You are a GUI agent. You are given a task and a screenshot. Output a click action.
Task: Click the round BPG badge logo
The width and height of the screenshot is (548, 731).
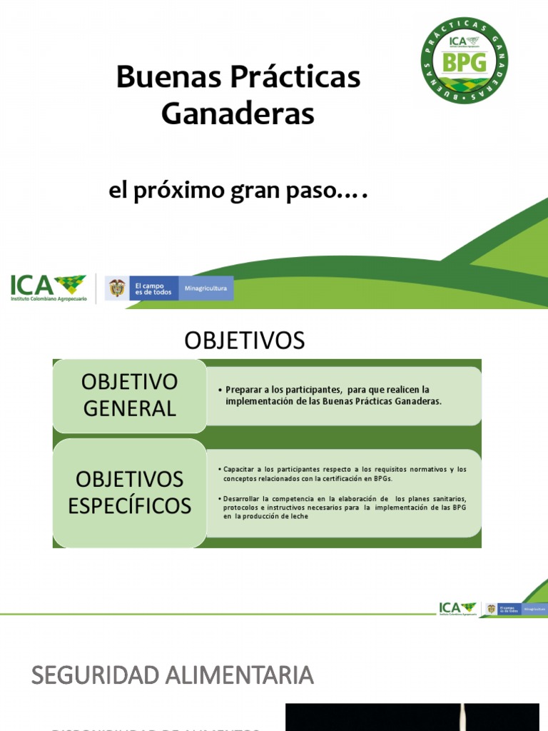pyautogui.click(x=465, y=61)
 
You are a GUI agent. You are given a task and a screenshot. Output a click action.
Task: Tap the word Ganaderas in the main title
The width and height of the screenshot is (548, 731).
pyautogui.click(x=238, y=114)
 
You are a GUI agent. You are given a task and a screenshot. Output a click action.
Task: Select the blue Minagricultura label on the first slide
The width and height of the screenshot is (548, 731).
pyautogui.click(x=205, y=288)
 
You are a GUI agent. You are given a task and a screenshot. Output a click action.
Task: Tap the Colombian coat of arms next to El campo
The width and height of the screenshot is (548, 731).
pyautogui.click(x=117, y=288)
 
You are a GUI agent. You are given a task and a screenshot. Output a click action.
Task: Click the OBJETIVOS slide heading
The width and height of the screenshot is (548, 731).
pyautogui.click(x=244, y=341)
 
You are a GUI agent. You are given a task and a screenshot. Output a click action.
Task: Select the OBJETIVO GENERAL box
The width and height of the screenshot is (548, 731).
pyautogui.click(x=129, y=395)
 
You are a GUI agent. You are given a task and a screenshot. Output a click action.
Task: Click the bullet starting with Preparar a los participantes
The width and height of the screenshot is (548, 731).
pyautogui.click(x=334, y=395)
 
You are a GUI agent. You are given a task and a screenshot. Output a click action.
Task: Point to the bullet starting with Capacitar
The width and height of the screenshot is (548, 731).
pyautogui.click(x=342, y=473)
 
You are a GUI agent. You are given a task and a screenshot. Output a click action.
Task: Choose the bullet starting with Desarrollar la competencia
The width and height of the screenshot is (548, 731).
pyautogui.click(x=342, y=507)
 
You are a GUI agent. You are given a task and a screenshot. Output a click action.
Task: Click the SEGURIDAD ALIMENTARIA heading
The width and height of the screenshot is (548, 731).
pyautogui.click(x=173, y=675)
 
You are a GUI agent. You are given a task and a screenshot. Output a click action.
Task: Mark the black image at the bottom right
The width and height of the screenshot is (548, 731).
pyautogui.click(x=412, y=717)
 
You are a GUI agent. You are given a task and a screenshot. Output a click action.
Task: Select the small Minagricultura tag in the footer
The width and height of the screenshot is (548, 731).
pyautogui.click(x=535, y=610)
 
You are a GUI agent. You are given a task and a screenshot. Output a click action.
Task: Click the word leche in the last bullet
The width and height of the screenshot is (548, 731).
pyautogui.click(x=299, y=516)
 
